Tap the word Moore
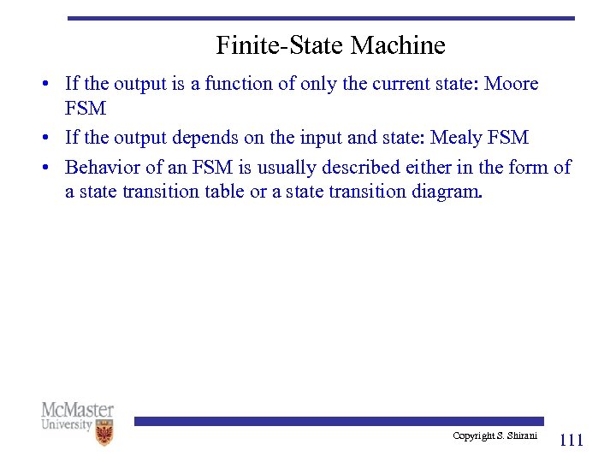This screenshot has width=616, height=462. click(510, 84)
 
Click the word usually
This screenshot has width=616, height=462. click(283, 167)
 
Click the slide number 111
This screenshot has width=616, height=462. click(571, 441)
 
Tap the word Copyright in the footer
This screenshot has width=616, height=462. click(474, 435)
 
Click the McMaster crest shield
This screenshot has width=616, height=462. click(104, 433)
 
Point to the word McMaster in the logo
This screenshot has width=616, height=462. click(77, 410)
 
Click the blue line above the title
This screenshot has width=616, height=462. click(321, 17)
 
